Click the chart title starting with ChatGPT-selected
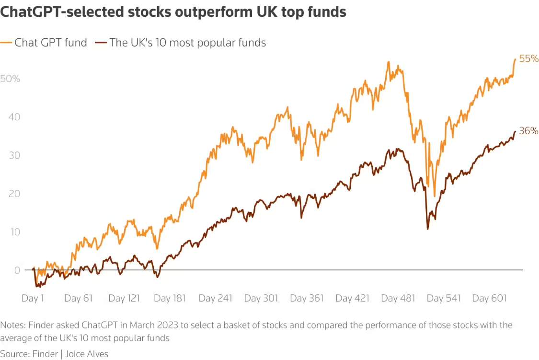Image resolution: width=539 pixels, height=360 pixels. click(173, 12)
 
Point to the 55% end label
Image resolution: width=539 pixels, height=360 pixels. click(528, 59)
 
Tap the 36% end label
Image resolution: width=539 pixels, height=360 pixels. click(528, 130)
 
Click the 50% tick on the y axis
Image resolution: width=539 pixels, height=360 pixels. click(10, 78)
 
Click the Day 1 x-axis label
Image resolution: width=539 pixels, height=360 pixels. click(33, 298)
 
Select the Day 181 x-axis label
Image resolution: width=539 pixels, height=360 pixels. click(169, 298)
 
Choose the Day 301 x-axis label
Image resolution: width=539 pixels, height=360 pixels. click(261, 298)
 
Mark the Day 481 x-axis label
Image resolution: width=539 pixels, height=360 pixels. click(398, 298)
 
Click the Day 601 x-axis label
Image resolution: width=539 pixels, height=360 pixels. click(489, 298)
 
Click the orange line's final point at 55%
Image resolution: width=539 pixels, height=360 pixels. click(515, 59)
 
